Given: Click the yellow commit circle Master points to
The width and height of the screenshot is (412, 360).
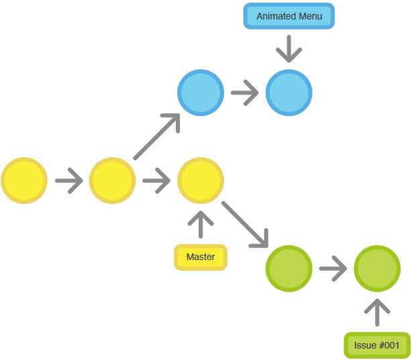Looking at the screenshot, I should coord(201,181).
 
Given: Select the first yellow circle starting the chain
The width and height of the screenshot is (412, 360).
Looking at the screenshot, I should coord(24,181).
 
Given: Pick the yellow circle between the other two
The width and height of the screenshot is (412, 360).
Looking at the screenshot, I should coord(112,181).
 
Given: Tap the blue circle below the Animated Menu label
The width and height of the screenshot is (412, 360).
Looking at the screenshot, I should coord(289,93).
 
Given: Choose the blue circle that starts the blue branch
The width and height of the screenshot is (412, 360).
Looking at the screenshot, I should coord(201,93).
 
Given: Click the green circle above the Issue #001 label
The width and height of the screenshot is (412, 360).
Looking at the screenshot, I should coord(377,269).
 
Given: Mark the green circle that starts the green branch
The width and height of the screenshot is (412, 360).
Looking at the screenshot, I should coord(289,269).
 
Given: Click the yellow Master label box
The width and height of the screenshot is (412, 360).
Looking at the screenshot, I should coord(201,257).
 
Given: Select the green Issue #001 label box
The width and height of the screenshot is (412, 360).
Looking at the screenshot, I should coord(377,346).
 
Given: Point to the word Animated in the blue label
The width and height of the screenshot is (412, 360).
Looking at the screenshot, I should coord(274,16).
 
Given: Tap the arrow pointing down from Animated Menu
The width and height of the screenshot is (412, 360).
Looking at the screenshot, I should coord(289,49).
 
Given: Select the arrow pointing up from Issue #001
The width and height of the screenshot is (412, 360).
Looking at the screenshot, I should coord(377,312).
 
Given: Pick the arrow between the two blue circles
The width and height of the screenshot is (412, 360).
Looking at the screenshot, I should coord(245,93).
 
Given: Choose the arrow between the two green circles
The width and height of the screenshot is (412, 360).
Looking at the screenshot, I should coord(333,269).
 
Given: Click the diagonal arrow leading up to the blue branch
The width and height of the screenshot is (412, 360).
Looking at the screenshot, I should coord(158,137).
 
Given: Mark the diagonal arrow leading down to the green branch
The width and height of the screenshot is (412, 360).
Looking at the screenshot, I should coord(245,224).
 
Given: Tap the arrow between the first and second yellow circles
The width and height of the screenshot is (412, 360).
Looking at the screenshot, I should coord(68,181).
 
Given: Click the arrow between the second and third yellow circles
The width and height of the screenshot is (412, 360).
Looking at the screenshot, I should coord(157,181).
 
